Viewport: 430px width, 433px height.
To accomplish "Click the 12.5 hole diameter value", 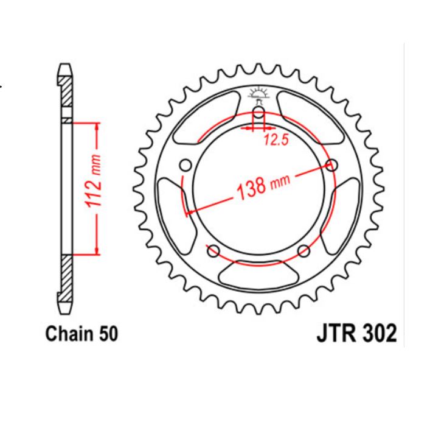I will (275, 141).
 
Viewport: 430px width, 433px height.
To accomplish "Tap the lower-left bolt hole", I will (213, 250).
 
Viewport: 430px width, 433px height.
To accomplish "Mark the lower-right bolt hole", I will (304, 250).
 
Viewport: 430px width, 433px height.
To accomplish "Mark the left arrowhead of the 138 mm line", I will (190, 212).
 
